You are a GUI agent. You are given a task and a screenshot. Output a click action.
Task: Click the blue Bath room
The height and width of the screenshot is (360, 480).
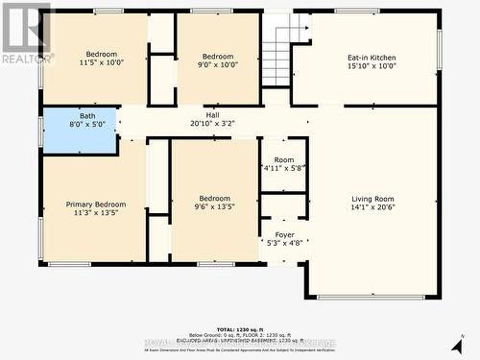click(x=79, y=130)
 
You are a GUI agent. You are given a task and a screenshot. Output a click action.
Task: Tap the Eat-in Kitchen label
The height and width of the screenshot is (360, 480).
click(x=372, y=58)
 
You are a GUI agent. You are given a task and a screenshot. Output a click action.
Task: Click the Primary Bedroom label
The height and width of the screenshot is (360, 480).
click(x=96, y=204)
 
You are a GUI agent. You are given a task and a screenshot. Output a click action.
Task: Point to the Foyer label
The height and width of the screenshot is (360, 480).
click(x=285, y=234)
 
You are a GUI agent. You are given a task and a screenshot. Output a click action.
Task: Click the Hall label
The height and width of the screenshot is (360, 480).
click(x=213, y=114)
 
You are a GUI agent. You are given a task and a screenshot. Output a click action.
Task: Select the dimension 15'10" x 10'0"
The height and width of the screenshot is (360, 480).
click(x=372, y=67)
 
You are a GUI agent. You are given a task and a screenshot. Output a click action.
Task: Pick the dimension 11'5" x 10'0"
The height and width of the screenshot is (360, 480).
click(x=102, y=63)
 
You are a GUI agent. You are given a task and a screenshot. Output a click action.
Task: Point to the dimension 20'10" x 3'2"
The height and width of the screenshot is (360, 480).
click(x=213, y=124)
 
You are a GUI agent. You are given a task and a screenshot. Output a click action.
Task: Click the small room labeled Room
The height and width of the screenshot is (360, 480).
click(x=284, y=160)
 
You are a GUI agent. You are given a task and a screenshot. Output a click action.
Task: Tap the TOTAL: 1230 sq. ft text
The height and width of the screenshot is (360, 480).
click(x=240, y=329)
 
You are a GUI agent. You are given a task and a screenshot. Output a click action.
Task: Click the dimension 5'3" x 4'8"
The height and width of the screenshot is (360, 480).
click(x=285, y=243)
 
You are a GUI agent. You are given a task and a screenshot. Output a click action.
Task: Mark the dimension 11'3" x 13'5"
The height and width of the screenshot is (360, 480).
click(x=96, y=214)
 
